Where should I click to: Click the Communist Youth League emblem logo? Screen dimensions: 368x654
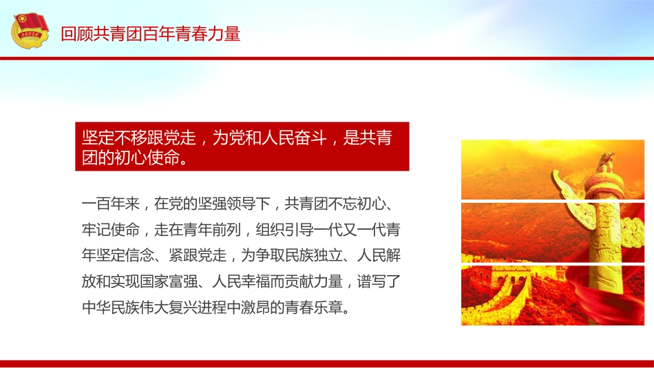[30, 33]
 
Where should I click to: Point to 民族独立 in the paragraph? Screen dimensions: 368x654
[315, 255]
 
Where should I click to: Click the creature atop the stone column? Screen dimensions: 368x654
[606, 162]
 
